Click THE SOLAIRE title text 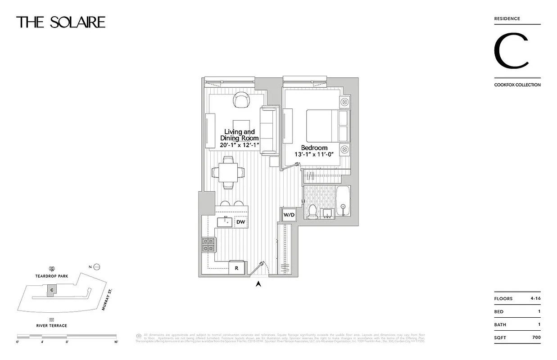point(61,22)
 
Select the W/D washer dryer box point(289,215)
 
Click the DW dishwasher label point(241,222)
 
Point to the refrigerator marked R point(237,268)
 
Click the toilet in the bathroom point(312,211)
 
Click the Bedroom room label point(314,148)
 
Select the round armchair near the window point(241,99)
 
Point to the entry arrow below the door point(258,283)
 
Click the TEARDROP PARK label point(52,277)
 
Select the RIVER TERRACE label point(52,325)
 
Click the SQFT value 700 point(536,337)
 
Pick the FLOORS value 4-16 point(534,298)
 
